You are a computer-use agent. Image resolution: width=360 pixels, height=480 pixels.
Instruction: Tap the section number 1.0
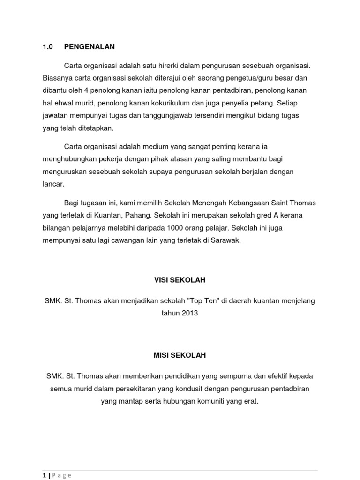click(x=48, y=47)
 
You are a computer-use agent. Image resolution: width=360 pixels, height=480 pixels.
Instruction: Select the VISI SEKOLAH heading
click(x=180, y=280)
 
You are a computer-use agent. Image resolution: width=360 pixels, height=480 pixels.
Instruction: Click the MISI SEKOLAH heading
click(x=180, y=356)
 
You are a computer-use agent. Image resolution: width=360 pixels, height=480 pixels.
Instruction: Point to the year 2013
click(x=188, y=313)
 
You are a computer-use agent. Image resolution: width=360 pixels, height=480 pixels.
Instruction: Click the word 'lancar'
click(x=53, y=184)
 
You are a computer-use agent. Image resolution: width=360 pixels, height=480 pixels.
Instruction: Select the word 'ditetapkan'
click(x=96, y=128)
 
